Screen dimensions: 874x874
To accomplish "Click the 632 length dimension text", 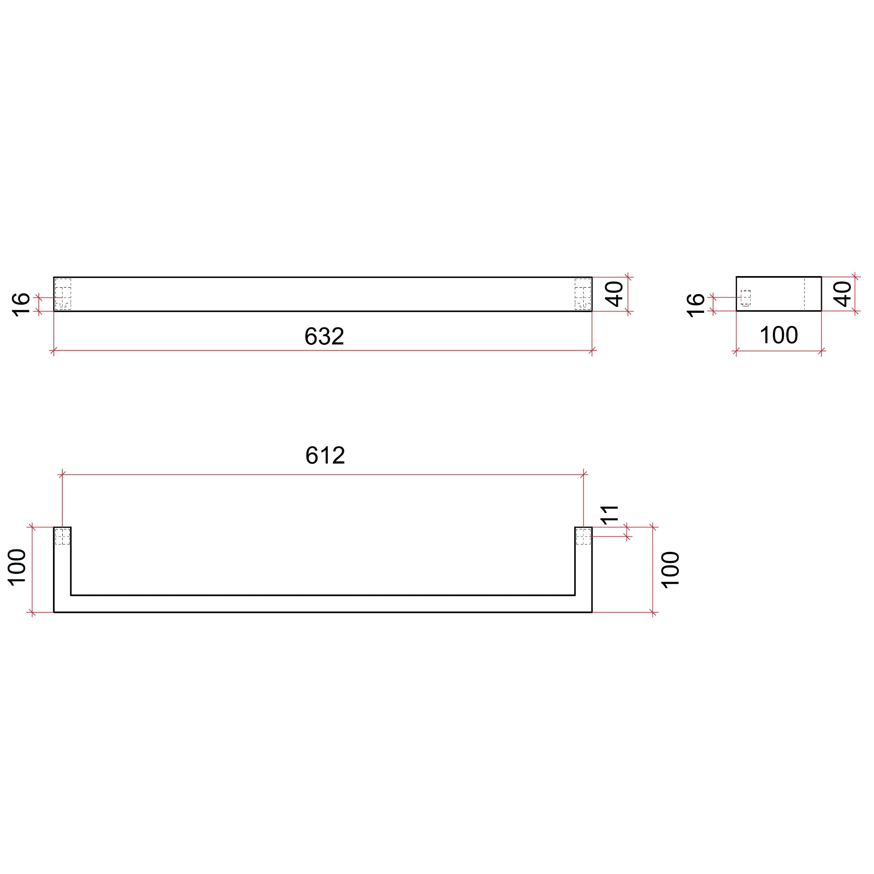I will (324, 336).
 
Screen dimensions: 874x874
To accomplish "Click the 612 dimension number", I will (325, 455).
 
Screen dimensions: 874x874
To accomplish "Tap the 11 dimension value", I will (609, 515).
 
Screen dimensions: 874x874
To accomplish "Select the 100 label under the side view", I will (778, 335).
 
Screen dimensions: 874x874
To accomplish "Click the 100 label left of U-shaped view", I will (17, 567).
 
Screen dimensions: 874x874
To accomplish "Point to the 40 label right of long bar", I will (614, 294).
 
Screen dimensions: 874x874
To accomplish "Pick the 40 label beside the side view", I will (842, 294).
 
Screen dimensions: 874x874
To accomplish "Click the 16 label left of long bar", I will (21, 305).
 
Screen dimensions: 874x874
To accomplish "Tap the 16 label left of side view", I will (696, 306).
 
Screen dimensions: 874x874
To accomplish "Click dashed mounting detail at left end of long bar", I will (63, 294).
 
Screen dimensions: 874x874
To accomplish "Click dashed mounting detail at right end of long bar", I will (583, 294).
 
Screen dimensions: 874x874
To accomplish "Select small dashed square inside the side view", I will (746, 298).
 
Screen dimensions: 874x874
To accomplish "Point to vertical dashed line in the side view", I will (804, 294).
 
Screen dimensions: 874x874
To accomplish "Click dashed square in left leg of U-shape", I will (62, 536).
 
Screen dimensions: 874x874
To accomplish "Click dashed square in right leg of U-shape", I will (583, 536).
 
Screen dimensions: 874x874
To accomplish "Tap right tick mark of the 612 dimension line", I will (583, 475).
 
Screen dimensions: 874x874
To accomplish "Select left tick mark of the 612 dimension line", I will (62, 475).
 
